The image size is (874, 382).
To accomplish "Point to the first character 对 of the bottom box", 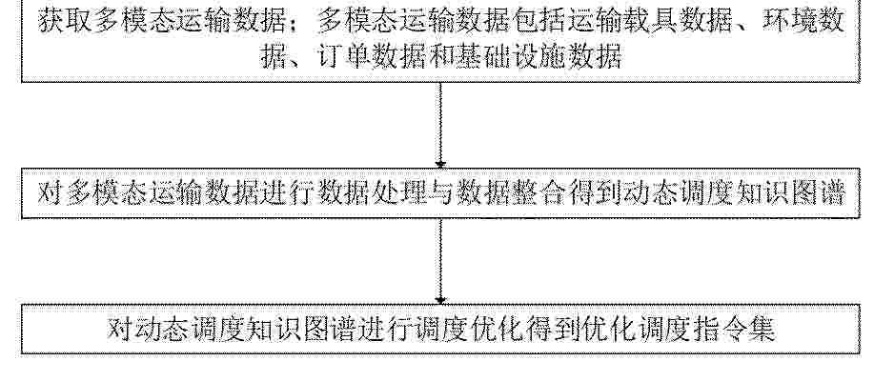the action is [120, 329].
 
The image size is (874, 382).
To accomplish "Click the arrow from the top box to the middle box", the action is [440, 126].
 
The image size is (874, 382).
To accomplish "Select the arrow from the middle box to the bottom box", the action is [440, 261].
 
